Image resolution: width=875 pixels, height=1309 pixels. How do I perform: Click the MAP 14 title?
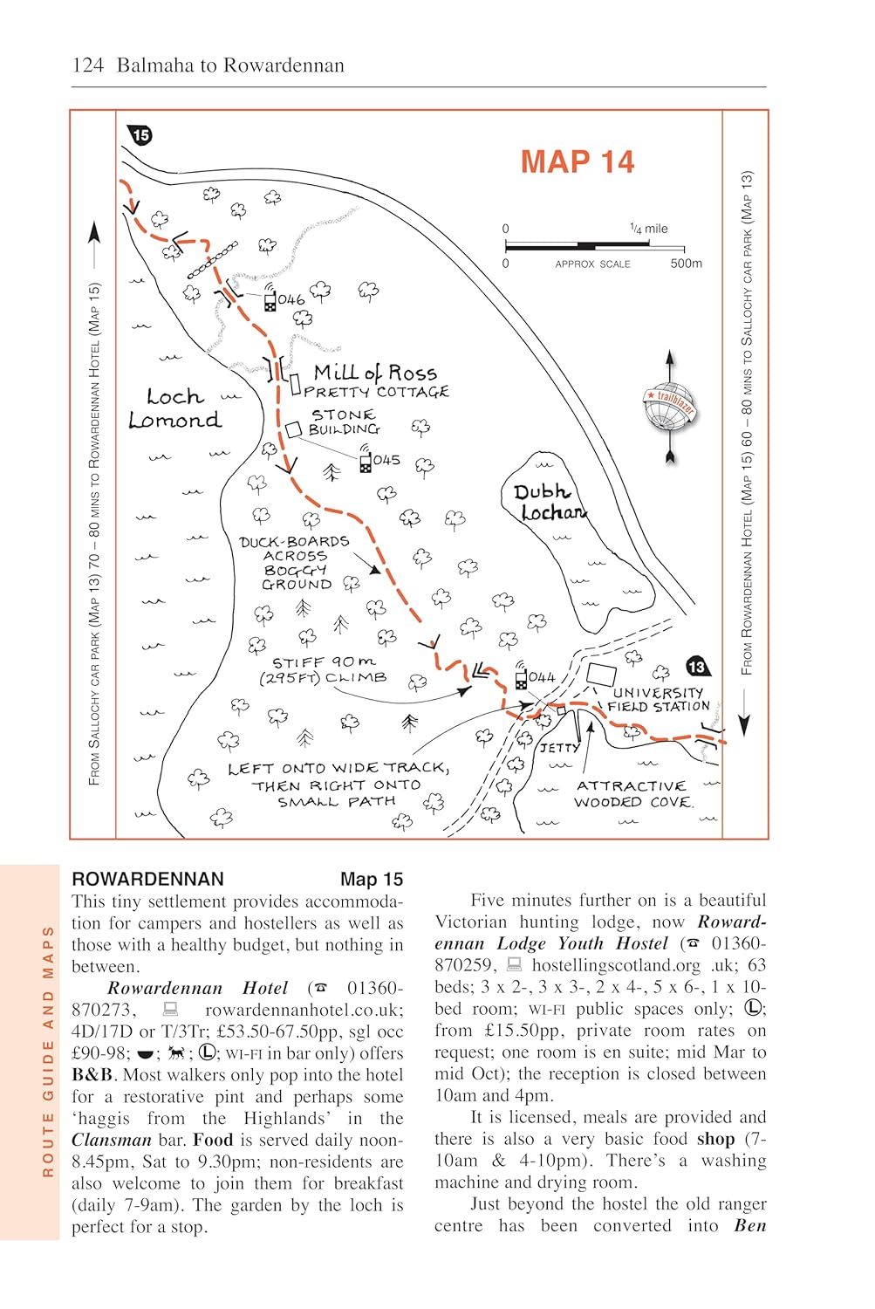(577, 162)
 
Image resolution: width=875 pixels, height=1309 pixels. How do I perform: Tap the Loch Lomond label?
(174, 408)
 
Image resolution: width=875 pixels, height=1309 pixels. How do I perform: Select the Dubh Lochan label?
(549, 503)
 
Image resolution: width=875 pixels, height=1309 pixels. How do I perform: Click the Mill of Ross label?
(375, 374)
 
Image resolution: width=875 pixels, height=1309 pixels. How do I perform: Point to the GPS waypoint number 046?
(291, 300)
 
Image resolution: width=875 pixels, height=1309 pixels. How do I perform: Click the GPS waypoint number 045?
(386, 460)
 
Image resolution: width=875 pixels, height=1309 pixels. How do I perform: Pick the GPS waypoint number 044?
(542, 677)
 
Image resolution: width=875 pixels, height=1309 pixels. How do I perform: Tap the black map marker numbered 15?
(140, 135)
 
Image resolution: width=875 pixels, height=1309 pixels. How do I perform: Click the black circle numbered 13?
(696, 668)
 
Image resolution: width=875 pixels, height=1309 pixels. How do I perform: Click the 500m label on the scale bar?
(686, 264)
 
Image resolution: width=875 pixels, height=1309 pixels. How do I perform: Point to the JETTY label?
(559, 748)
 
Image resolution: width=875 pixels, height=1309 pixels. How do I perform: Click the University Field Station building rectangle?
(601, 675)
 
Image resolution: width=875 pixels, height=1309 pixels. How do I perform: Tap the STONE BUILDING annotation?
(344, 422)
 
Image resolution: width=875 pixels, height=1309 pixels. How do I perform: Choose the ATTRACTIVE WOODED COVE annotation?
(632, 794)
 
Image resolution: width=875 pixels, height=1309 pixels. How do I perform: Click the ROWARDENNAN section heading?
(147, 879)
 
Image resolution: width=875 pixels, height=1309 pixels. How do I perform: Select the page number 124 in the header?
(88, 65)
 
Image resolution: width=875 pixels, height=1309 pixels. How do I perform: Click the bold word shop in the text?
(715, 1139)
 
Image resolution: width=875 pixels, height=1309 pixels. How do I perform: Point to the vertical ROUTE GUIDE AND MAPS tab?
(48, 1051)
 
